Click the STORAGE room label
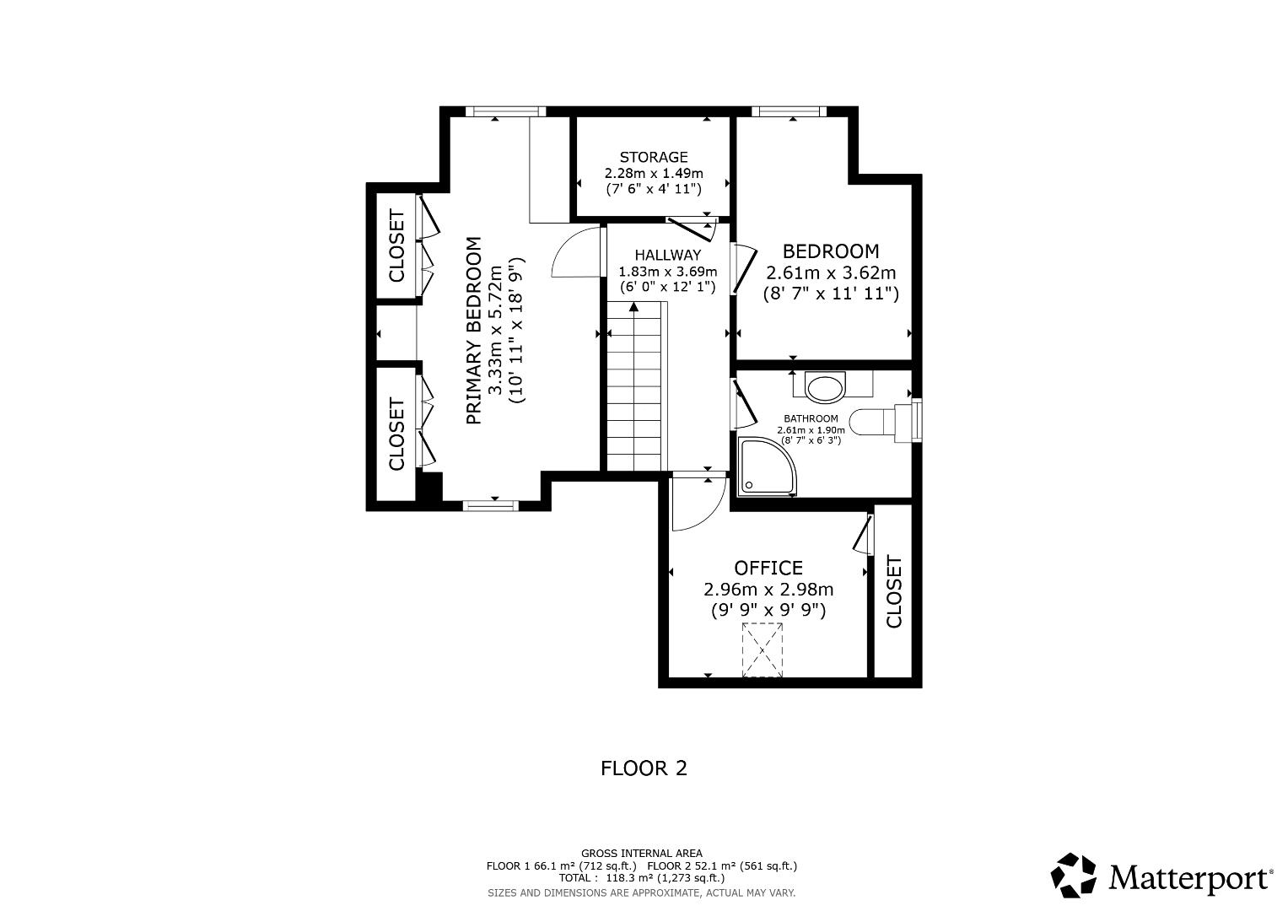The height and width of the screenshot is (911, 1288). coord(654,157)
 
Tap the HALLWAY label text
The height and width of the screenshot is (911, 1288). coord(667,255)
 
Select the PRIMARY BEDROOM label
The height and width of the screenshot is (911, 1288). coord(474,331)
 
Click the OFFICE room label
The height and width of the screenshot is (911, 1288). coord(768,568)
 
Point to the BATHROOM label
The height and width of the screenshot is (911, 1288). coord(811,418)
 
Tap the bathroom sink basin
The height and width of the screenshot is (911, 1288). coord(825,388)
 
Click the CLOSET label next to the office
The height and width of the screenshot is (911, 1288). coord(894,591)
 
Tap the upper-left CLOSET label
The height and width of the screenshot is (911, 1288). coord(396,245)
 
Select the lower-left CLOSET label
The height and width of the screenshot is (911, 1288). coord(396,434)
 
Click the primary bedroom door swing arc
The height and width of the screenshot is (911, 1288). coord(574,253)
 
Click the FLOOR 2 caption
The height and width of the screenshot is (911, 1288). coord(644,768)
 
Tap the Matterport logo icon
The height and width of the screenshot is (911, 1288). coord(1074,876)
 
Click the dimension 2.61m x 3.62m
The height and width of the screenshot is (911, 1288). coord(830,273)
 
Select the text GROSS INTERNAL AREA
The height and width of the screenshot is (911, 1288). coord(641,854)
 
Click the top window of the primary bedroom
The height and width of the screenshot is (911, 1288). coord(505,111)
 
